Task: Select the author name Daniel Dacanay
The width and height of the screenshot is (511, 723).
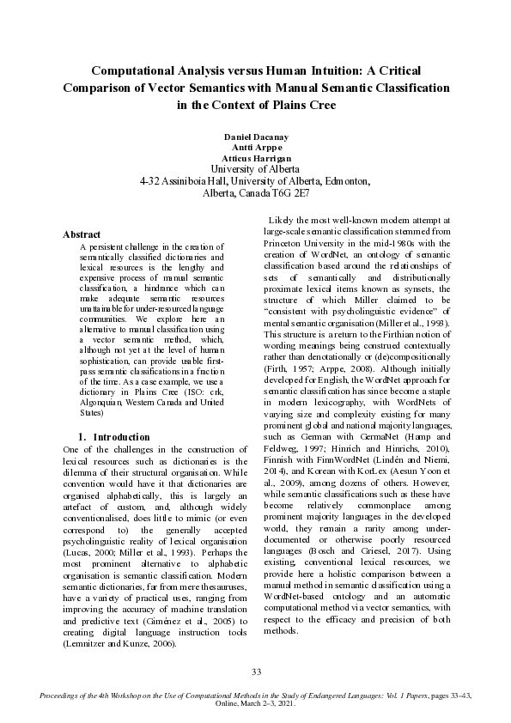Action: coord(255,137)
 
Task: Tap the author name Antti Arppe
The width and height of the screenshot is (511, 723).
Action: coord(255,148)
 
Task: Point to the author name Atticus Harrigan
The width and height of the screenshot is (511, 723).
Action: coord(255,158)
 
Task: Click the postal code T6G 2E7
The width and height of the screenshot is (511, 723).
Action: coord(289,193)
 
